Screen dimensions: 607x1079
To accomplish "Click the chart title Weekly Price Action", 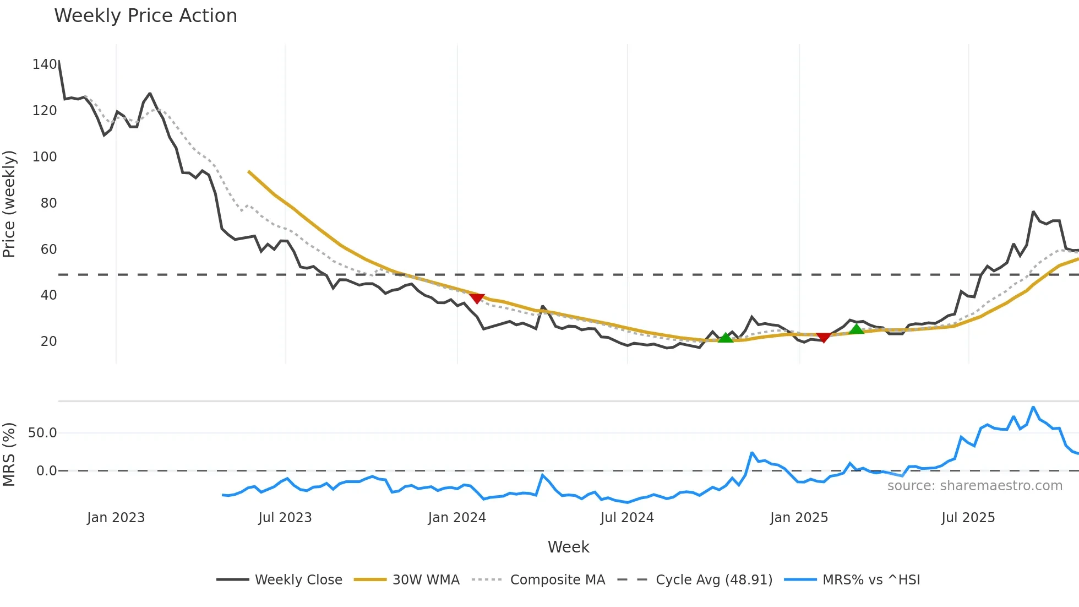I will (x=145, y=16).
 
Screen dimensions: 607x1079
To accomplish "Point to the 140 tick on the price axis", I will (x=45, y=64).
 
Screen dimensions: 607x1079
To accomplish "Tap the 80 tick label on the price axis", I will (x=48, y=203).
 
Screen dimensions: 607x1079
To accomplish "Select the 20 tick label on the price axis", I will (x=48, y=342).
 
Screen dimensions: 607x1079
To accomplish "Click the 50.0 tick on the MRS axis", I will (x=42, y=433).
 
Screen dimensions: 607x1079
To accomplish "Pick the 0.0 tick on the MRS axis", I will (x=46, y=471).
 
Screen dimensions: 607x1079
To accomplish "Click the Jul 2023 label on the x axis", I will (x=285, y=518).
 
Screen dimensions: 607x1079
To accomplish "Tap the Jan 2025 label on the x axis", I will (x=799, y=518).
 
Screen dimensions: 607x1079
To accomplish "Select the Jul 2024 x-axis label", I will (x=627, y=518).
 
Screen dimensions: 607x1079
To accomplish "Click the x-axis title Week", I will (x=568, y=547).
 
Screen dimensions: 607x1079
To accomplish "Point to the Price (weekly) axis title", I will (x=9, y=204).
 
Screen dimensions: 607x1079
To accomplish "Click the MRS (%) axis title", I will (x=9, y=454).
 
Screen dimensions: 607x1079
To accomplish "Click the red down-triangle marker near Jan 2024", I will (x=477, y=298).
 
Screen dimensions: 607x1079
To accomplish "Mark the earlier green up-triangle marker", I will (x=726, y=338).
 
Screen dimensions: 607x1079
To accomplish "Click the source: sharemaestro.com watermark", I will (x=974, y=486).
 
